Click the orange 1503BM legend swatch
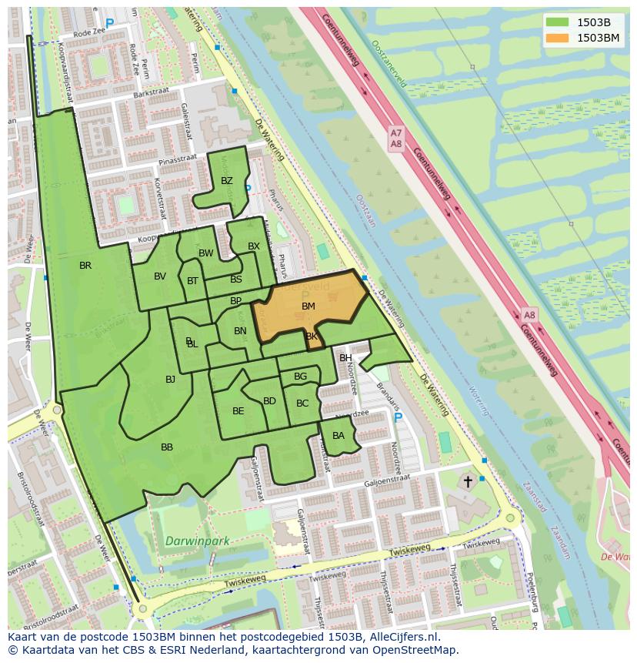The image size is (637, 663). [558, 38]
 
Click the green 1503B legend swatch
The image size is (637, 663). [558, 22]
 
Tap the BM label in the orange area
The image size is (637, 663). [308, 306]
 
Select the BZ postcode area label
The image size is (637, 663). [226, 182]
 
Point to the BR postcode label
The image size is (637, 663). [85, 266]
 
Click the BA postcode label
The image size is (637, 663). [339, 436]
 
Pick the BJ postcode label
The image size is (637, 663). [170, 379]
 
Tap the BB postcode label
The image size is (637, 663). [167, 447]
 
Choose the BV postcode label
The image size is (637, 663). [160, 276]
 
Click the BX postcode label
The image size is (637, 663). [254, 246]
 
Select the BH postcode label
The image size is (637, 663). [345, 358]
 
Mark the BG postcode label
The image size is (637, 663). [300, 377]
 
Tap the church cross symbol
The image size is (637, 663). [468, 482]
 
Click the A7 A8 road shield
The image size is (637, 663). [395, 139]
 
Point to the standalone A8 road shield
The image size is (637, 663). [529, 316]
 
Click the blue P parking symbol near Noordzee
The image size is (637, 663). [397, 418]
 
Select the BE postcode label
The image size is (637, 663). [238, 411]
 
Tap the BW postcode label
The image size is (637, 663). [206, 253]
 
